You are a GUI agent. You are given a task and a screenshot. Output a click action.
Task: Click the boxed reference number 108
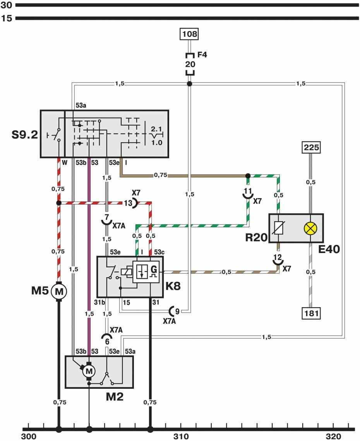[190, 34]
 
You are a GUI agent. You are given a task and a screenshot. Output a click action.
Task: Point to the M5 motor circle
[59, 291]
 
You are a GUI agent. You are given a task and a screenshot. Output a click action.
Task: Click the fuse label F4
[202, 55]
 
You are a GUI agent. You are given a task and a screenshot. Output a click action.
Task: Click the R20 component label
[256, 237]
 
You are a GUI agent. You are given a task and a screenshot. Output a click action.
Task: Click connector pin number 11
[248, 191]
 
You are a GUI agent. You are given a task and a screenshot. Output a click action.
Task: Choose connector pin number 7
[106, 218]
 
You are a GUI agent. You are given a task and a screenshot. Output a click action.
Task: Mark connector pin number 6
[107, 342]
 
